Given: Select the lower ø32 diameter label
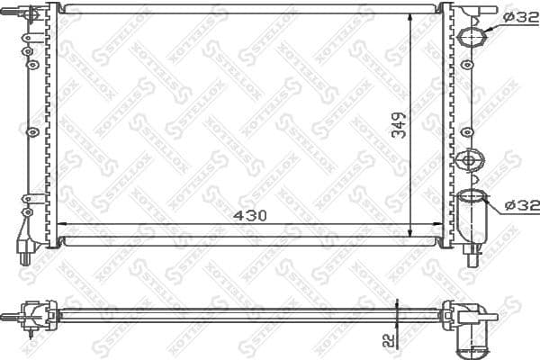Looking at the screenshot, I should [521, 205].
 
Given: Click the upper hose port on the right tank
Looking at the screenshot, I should [472, 37].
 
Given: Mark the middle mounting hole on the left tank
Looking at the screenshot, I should [32, 131].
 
